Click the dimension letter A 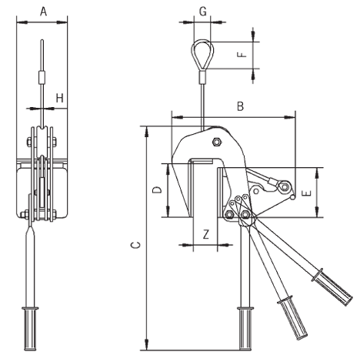(43, 11)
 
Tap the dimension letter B (240, 108)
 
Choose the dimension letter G (202, 12)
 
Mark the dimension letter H (59, 98)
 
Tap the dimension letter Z (205, 234)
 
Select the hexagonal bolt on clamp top (217, 141)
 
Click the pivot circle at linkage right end (285, 188)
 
